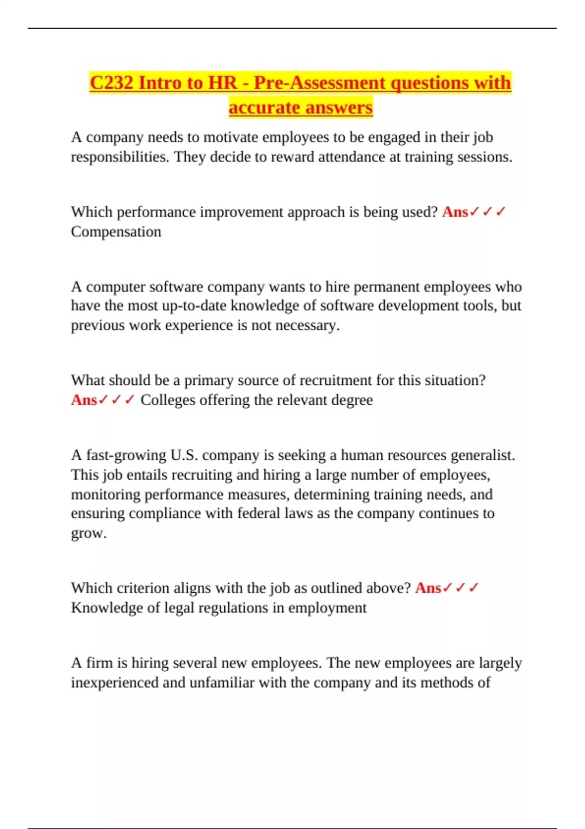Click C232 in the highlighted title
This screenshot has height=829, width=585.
pyautogui.click(x=112, y=82)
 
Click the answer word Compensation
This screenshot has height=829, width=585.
pyautogui.click(x=116, y=232)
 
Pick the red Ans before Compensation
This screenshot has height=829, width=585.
pyautogui.click(x=455, y=212)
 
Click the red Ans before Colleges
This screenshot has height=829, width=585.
pyautogui.click(x=84, y=400)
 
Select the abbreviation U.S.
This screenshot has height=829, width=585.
pyautogui.click(x=184, y=455)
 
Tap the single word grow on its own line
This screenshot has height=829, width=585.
pyautogui.click(x=87, y=533)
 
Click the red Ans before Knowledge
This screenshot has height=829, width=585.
pyautogui.click(x=428, y=588)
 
